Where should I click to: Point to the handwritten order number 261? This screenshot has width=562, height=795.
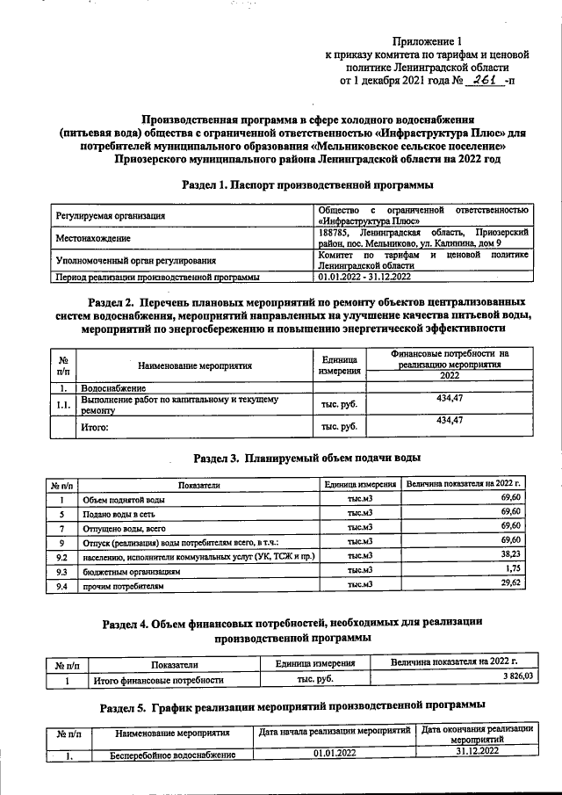point(482,81)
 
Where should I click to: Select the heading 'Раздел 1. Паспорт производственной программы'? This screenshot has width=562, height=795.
point(307,185)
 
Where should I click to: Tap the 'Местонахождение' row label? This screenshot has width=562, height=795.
point(94,237)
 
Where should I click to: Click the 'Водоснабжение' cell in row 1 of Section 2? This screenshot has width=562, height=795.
point(114,387)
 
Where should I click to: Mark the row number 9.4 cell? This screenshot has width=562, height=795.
point(61,584)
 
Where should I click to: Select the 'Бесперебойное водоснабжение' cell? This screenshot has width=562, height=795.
point(172,754)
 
